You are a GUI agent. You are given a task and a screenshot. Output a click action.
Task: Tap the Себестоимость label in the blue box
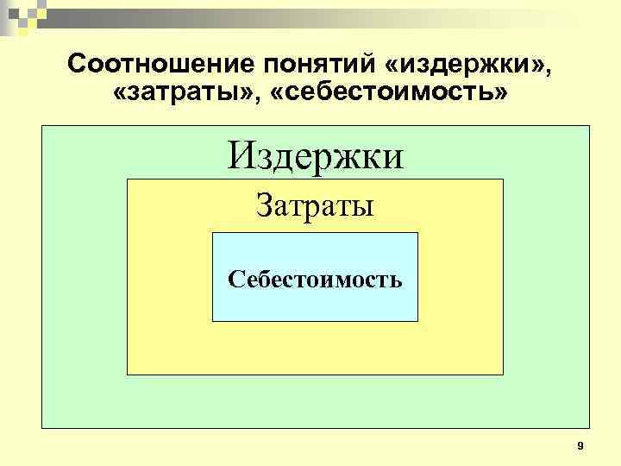tap(315, 280)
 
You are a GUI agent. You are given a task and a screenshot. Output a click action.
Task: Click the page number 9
tap(580, 445)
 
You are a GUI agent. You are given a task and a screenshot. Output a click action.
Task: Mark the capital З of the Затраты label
tap(263, 206)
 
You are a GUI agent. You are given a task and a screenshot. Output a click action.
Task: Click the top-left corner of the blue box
tap(212, 233)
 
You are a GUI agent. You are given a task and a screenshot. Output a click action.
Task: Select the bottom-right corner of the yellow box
tap(502, 375)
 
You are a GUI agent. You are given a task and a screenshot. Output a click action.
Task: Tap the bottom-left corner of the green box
tap(41, 428)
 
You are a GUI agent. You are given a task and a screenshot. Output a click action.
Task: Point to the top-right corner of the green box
tap(589, 126)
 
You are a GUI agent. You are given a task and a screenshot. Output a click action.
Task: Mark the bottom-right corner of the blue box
tap(417, 321)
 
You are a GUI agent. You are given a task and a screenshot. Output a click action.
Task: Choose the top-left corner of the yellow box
tap(128, 179)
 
